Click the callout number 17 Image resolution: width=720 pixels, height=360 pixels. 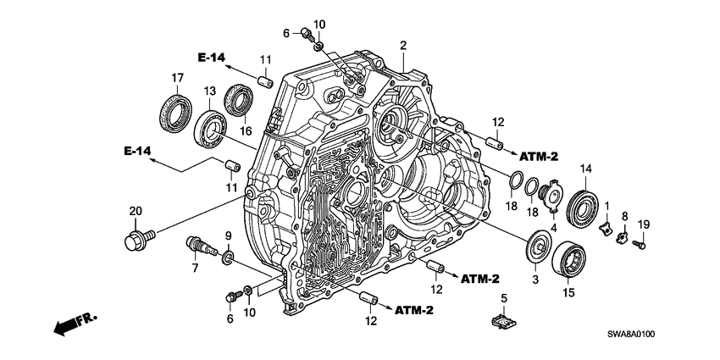(177, 79)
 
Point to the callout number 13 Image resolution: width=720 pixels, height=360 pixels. (208, 91)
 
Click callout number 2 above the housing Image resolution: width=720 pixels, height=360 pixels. (404, 45)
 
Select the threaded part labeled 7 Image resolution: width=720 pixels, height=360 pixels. (201, 248)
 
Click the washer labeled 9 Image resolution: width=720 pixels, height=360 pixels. (229, 256)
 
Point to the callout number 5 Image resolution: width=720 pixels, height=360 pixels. (503, 298)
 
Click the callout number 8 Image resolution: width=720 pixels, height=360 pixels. (625, 217)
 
